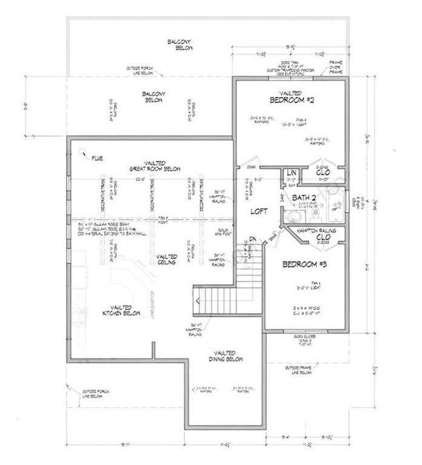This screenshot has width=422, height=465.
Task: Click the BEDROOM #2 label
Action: (x=289, y=98)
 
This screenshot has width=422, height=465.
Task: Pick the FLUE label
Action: (x=97, y=159)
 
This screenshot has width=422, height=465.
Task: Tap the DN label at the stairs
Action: (x=252, y=238)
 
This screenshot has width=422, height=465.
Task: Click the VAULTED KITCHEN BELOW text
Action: (x=121, y=311)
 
